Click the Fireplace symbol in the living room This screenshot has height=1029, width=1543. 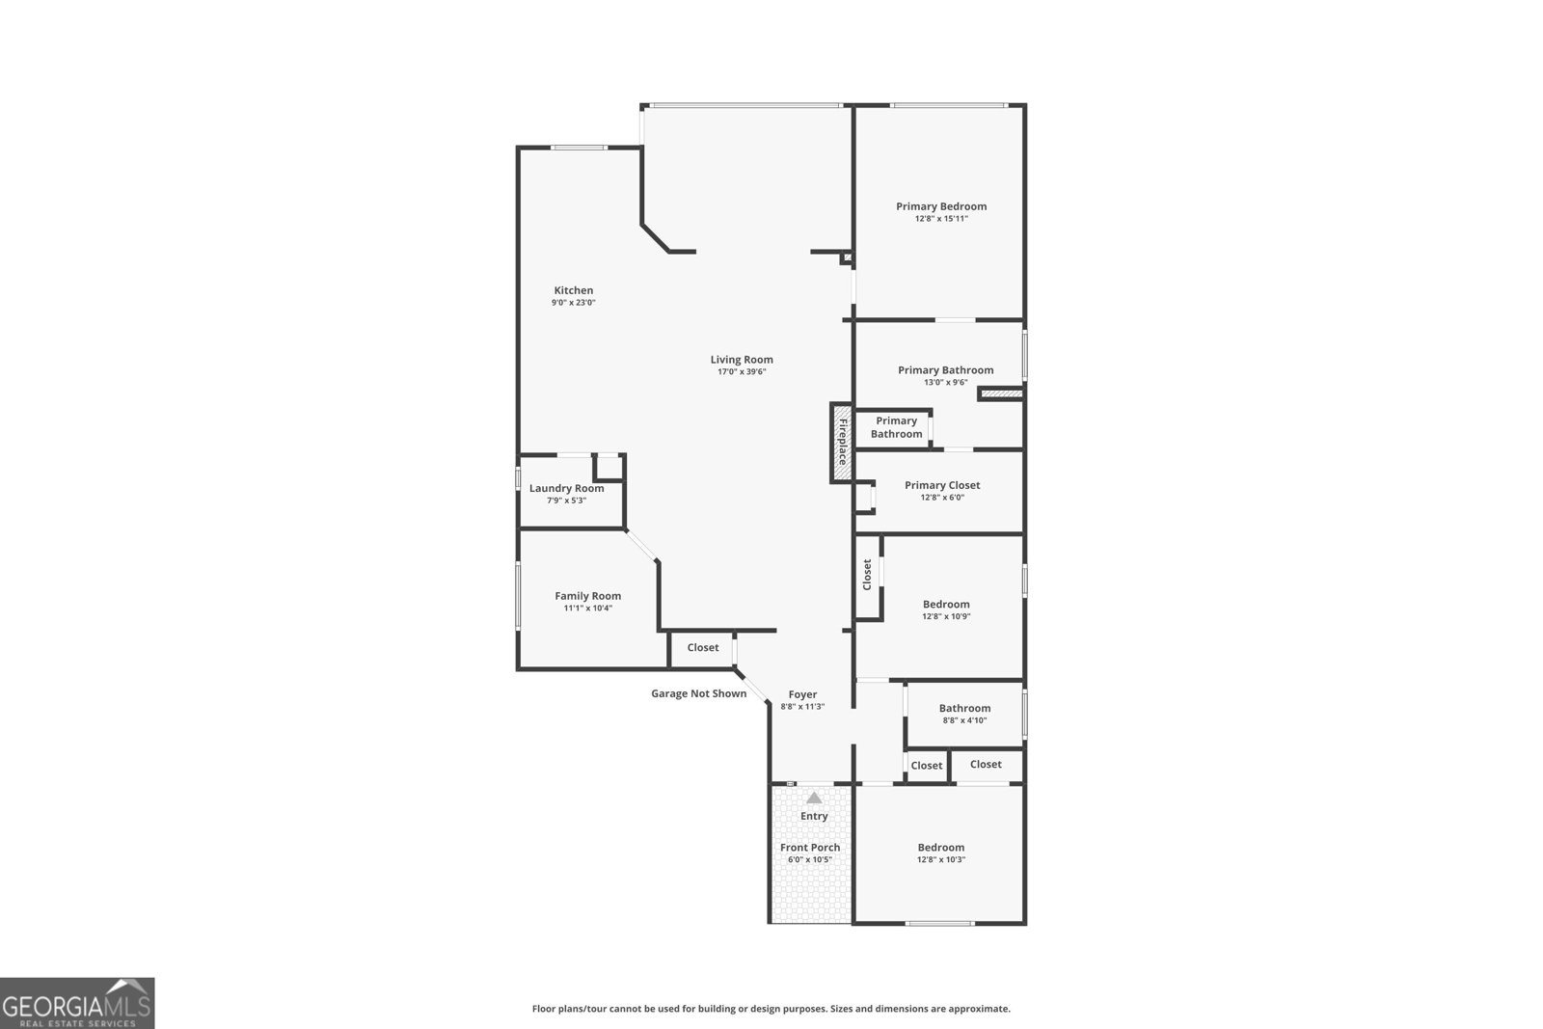tap(841, 443)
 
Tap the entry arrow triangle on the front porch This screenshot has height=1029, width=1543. tap(814, 798)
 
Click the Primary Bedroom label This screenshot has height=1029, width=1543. tap(941, 206)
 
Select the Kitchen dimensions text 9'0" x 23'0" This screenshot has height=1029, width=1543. tap(574, 303)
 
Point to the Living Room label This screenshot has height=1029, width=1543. tap(742, 360)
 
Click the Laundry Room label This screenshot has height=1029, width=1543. tap(566, 488)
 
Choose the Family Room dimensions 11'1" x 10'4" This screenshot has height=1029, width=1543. tap(587, 609)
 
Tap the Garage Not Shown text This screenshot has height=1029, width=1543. tap(698, 693)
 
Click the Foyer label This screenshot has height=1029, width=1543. tap(802, 694)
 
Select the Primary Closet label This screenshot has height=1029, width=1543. tap(942, 485)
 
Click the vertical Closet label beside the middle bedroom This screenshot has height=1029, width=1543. tap(867, 575)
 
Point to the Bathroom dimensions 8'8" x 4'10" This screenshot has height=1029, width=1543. tap(964, 720)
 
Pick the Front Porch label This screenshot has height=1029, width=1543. tap(810, 848)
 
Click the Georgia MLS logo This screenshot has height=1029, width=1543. tap(77, 1003)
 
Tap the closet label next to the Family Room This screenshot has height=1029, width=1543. tap(703, 648)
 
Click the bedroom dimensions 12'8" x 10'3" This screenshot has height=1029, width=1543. tap(941, 860)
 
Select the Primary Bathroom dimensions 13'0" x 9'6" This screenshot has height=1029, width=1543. tap(945, 383)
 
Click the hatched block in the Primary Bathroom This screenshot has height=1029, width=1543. tap(1001, 393)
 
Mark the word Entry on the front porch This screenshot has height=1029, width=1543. tap(814, 816)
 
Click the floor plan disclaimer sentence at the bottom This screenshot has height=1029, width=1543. tap(771, 1009)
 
